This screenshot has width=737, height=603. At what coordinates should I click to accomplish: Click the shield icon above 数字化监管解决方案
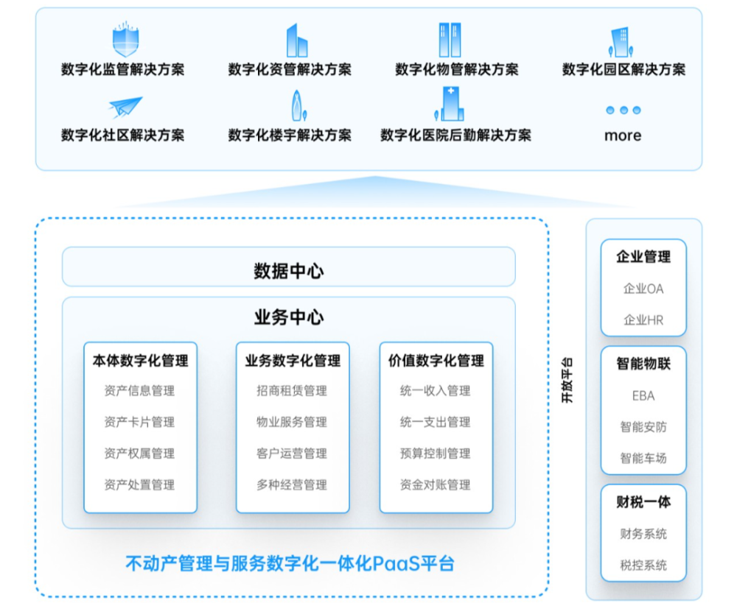[123, 40]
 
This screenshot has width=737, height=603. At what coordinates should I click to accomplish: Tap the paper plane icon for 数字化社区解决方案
[123, 107]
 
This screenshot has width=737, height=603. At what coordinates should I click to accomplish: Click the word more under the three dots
[623, 135]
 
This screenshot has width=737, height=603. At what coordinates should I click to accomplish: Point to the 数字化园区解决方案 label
[624, 70]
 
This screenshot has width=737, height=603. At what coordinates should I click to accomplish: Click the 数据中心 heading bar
[288, 270]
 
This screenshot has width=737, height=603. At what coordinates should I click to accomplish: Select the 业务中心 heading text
[288, 317]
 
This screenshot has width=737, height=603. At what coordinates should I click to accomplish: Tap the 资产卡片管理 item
[139, 422]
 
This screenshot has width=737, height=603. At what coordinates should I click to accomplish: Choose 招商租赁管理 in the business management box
[292, 391]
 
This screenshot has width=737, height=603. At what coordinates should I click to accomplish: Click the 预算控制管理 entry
[436, 454]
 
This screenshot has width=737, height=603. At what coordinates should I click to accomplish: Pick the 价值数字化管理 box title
[436, 361]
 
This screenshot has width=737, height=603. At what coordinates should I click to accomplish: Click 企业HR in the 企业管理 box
[643, 320]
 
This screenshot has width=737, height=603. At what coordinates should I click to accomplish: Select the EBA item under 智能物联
[643, 395]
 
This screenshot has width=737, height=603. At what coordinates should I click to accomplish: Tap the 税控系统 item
[643, 565]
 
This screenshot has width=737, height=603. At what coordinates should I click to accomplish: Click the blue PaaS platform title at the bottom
[290, 564]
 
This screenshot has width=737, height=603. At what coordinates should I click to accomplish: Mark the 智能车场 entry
[643, 458]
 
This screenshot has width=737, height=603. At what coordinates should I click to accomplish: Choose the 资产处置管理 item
[139, 484]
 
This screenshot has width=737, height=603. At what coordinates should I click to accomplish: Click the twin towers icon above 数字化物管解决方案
[450, 40]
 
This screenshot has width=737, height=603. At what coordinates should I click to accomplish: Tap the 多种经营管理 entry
[292, 484]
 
